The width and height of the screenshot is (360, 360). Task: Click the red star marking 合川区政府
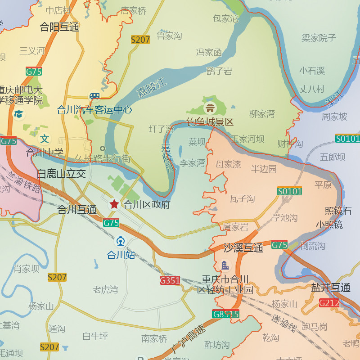coord(114,204)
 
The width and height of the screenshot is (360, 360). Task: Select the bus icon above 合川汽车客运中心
coord(94,96)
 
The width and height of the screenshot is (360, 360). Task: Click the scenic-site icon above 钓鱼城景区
coord(210,108)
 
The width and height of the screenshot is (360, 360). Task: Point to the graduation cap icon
coord(19,114)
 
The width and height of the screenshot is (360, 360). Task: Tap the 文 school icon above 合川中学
coord(44,139)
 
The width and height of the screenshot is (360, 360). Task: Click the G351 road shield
coord(170,280)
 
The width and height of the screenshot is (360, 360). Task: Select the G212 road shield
coord(329,303)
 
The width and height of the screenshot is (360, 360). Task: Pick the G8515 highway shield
coord(225,314)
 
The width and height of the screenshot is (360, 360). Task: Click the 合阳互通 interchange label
coord(59,27)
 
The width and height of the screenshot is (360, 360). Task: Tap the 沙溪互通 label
coord(243,247)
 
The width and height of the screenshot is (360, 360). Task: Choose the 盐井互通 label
coord(331,288)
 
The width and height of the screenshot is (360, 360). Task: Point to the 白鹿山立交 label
coord(61,174)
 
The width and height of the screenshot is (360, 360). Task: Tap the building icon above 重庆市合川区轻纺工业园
coord(225,265)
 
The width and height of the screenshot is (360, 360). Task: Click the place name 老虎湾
coord(105,289)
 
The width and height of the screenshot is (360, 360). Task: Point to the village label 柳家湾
coord(262,114)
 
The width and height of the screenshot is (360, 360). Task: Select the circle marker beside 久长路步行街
coord(103,148)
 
